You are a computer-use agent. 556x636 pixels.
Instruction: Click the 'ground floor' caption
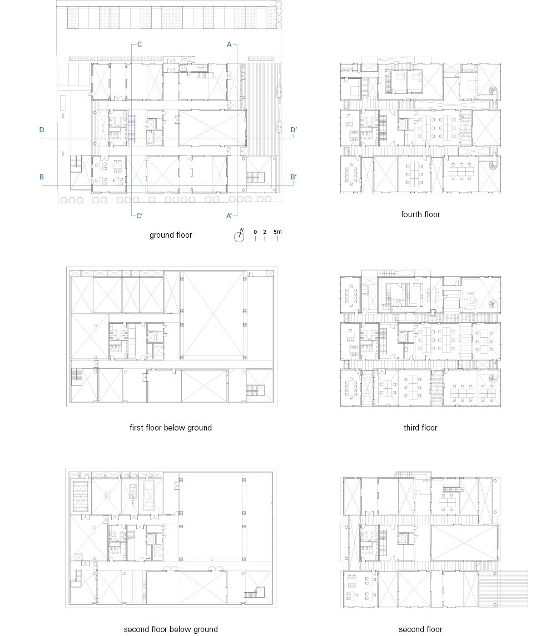pos(171,235)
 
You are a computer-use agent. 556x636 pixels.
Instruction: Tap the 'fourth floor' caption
pos(420,214)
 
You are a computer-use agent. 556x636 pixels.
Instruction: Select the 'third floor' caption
pos(420,428)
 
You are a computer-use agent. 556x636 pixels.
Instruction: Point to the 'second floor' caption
pos(420,629)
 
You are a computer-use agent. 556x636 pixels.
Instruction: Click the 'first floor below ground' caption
pos(171,428)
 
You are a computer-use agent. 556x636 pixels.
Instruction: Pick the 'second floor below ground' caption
pos(171,629)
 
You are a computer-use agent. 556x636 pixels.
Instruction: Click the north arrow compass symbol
pos(240,236)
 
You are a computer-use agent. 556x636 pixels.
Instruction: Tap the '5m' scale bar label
pos(277,232)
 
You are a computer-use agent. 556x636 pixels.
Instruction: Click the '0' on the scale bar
pos(255,232)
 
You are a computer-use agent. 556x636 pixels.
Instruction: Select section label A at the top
pos(229,44)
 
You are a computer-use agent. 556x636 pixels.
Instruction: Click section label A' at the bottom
pos(230,216)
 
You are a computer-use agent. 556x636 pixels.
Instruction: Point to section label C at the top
pos(140,44)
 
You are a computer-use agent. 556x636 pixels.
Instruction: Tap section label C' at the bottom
pos(140,216)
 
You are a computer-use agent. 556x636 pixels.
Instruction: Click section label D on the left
pos(42,130)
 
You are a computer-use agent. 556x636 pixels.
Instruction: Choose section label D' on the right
pos(294,130)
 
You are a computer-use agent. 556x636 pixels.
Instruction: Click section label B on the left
pos(42,177)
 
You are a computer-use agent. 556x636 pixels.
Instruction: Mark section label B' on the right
pos(294,177)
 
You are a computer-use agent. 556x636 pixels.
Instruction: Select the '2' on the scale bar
pos(265,232)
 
